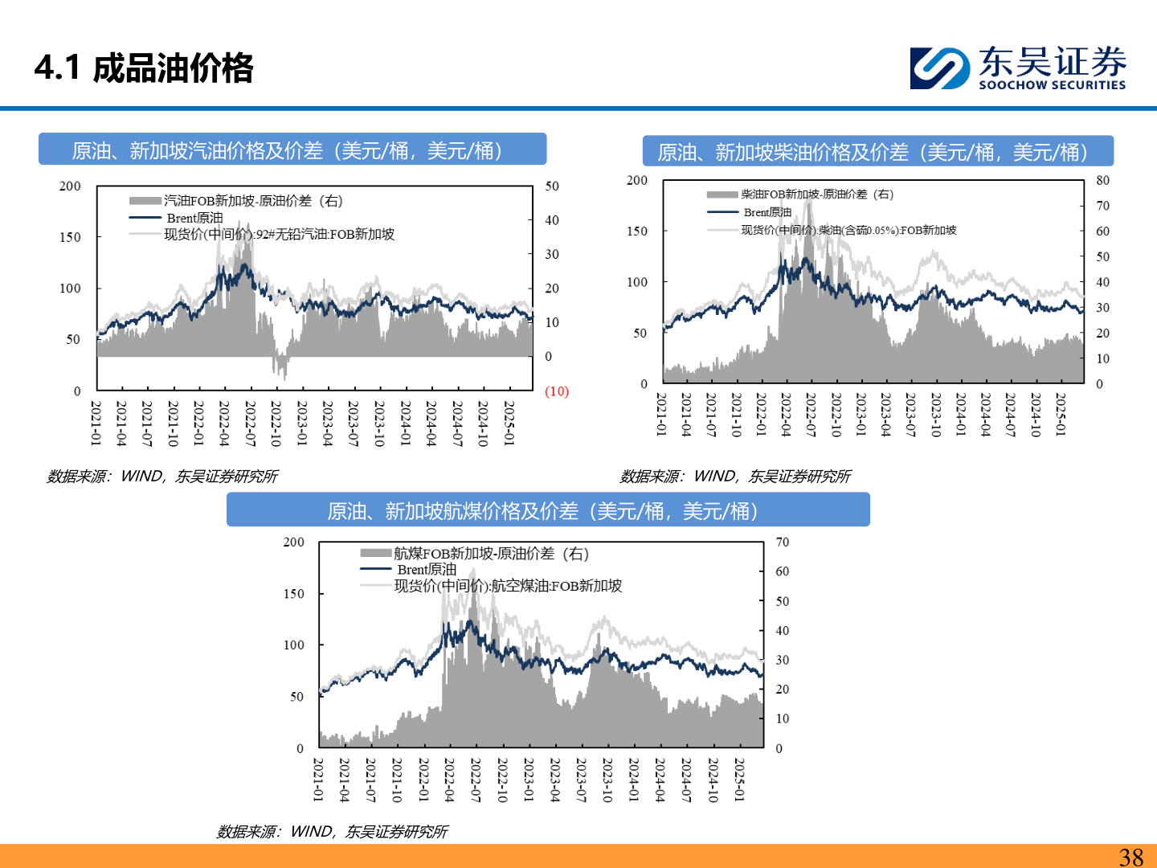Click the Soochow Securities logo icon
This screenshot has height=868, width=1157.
[939, 68]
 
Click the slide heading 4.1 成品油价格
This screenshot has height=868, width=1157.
[144, 68]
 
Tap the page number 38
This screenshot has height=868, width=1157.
[1130, 857]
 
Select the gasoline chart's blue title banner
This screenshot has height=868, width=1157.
[292, 150]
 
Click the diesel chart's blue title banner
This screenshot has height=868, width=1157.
[877, 152]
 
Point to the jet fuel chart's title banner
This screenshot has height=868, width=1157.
[548, 511]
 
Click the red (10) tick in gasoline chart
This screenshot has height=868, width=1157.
[556, 391]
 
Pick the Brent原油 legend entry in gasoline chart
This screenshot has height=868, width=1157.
[194, 218]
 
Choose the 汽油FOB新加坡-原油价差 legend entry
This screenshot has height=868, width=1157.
[253, 201]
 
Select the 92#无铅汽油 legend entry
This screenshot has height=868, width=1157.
[279, 235]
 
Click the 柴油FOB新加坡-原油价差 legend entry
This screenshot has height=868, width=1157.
[816, 194]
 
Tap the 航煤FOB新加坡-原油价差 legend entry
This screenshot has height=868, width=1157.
[491, 554]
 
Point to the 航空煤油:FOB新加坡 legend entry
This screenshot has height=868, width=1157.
[508, 586]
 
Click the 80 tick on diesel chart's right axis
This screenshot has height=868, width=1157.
[1102, 181]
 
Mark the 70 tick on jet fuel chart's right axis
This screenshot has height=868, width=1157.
[782, 542]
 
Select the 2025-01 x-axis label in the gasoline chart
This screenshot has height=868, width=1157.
[509, 423]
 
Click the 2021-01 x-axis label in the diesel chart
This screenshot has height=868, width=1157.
[661, 415]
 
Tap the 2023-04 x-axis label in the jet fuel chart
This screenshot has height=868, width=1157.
[554, 780]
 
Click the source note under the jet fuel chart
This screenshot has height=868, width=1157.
[332, 832]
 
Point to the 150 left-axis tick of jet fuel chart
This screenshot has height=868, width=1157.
[294, 594]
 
